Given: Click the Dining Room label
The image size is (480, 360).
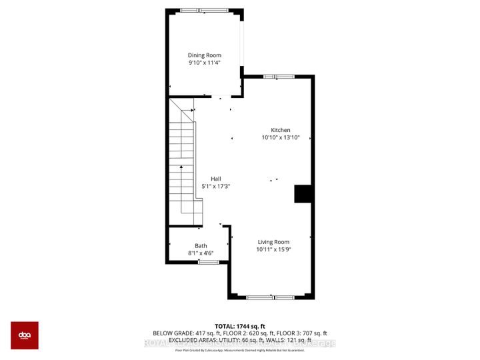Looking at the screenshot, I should pos(204,55).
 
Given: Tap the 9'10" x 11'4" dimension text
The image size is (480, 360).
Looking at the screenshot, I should pos(204,63).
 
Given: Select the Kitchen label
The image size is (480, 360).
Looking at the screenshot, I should pos(280,130).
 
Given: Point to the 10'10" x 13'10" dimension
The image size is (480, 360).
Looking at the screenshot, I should pos(280,137).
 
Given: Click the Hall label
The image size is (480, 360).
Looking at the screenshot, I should pos(216,179).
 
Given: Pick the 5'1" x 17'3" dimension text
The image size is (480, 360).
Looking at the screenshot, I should pos(216,187).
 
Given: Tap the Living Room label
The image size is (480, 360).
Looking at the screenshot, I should pos(273,242).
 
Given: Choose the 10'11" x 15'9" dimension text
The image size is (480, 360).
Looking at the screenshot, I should pos(273,249).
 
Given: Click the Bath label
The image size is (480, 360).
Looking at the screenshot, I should pos(201,245).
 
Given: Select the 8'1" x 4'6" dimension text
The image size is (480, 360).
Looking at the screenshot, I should pos(201,253).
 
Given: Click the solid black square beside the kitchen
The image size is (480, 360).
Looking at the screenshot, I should pos(303,193).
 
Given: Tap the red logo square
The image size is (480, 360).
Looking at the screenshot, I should pos(25,335).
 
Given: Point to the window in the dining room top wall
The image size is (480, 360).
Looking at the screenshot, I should pos(203,10).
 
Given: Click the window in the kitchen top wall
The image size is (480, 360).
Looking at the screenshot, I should pos(279,77).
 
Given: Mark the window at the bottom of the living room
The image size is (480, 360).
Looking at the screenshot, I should pos(271,296).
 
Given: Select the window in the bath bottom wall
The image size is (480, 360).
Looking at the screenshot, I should pos(208,262).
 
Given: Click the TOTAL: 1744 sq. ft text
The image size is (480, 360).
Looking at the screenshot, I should pos(240,325).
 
